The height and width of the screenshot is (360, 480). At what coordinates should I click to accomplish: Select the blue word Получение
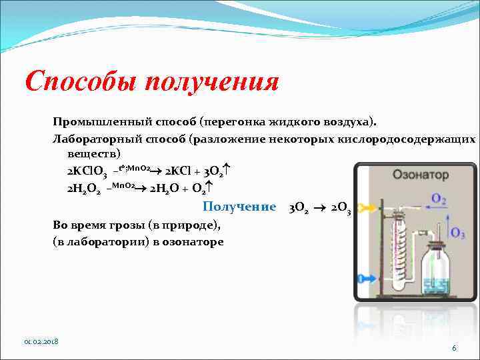(239, 207)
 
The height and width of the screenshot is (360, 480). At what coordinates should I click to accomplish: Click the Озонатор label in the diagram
(421, 175)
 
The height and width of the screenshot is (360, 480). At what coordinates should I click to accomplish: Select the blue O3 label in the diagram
(458, 233)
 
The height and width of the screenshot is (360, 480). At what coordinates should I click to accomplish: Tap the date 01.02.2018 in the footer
(41, 341)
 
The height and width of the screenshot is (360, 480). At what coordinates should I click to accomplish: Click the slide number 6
(454, 348)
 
